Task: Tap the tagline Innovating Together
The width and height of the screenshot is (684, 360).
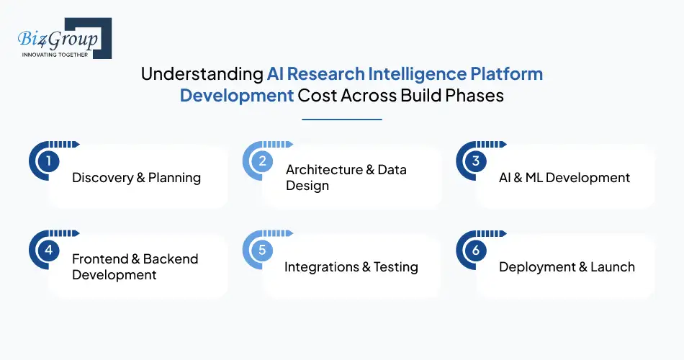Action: coord(55,54)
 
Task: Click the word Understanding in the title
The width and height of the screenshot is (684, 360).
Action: coord(201,74)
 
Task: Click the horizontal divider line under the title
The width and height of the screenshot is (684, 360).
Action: coord(342,119)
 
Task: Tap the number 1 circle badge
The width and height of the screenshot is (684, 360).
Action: coord(48,161)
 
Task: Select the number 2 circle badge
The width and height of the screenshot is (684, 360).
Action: coord(262,161)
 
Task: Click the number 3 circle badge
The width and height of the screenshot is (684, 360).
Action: coord(475,161)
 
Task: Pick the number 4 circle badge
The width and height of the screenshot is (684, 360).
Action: coord(48,251)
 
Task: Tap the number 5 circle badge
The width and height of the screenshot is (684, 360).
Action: coord(262,251)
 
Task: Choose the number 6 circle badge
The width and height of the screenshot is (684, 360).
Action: coord(475,251)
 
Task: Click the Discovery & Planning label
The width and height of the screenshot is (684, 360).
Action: coord(136,178)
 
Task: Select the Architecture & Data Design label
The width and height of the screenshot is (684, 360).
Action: coord(346,178)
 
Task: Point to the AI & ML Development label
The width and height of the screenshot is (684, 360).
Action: coord(564,178)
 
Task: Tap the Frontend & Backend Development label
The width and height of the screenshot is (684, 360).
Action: coord(135,266)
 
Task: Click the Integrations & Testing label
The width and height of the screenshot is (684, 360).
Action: coord(351,267)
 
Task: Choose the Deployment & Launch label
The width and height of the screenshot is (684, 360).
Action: coord(567,267)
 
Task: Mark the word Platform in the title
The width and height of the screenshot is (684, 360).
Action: coord(510,74)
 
